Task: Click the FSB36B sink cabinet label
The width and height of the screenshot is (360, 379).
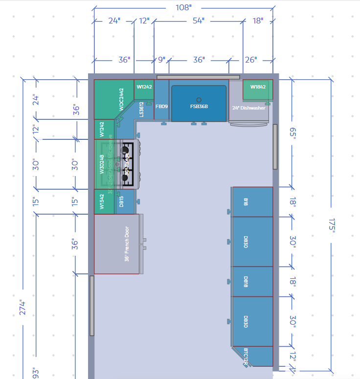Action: (199, 106)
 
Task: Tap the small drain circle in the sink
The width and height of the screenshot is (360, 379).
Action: (199, 99)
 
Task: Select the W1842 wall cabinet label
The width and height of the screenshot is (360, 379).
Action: (258, 87)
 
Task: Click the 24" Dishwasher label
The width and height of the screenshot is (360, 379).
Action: (248, 108)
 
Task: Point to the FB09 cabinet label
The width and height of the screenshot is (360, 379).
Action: (161, 106)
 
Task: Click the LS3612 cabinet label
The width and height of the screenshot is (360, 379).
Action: (141, 109)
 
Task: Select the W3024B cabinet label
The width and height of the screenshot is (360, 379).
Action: (102, 164)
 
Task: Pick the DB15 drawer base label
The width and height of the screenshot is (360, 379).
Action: (121, 201)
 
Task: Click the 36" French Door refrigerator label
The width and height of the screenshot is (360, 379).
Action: (126, 244)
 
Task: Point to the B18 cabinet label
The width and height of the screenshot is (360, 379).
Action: (246, 201)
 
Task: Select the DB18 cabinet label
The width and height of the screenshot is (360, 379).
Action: (246, 282)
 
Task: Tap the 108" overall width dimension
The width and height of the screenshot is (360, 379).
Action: (183, 7)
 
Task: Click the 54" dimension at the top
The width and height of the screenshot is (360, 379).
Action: (199, 21)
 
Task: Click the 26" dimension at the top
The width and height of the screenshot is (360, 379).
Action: (250, 60)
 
